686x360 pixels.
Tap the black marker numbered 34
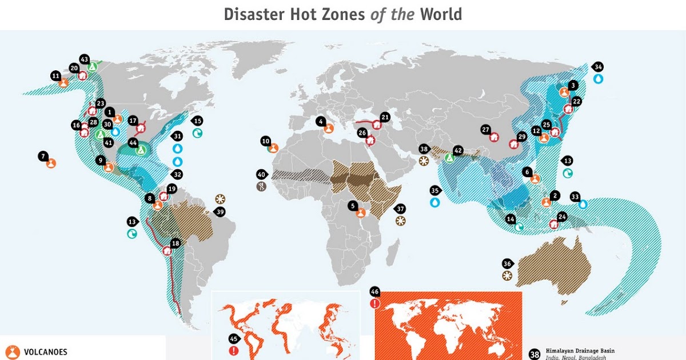pyautogui.click(x=597, y=67)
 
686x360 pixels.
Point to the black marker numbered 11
pyautogui.click(x=55, y=75)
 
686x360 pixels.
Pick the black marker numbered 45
pyautogui.click(x=233, y=339)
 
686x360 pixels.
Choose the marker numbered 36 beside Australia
pyautogui.click(x=507, y=263)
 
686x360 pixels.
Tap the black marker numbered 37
pyautogui.click(x=400, y=209)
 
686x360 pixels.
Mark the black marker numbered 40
pyautogui.click(x=262, y=174)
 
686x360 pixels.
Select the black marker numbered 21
pyautogui.click(x=385, y=117)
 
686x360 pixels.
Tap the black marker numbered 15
pyautogui.click(x=198, y=121)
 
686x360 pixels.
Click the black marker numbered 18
pyautogui.click(x=175, y=243)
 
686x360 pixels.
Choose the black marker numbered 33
pyautogui.click(x=575, y=195)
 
